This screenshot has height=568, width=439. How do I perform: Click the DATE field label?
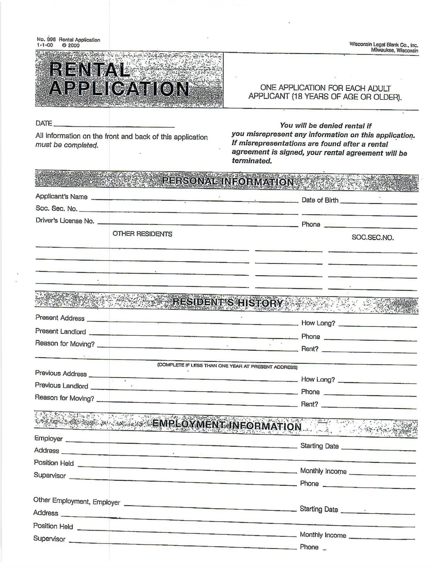pyautogui.click(x=44, y=123)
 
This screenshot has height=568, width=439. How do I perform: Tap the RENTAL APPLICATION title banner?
pyautogui.click(x=119, y=79)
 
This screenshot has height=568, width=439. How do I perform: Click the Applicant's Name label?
pyautogui.click(x=61, y=197)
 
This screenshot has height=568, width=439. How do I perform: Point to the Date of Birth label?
pyautogui.click(x=320, y=200)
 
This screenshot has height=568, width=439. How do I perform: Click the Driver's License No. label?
pyautogui.click(x=65, y=221)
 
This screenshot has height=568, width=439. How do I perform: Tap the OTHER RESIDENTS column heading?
pyautogui.click(x=142, y=234)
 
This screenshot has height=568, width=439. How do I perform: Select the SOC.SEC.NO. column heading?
pyautogui.click(x=373, y=238)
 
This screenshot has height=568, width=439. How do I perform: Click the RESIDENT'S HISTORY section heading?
pyautogui.click(x=228, y=303)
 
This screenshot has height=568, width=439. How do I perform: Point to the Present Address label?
pyautogui.click(x=60, y=318)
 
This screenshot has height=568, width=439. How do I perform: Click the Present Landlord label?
pyautogui.click(x=61, y=331)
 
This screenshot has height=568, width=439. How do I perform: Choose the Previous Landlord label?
pyautogui.click(x=61, y=386)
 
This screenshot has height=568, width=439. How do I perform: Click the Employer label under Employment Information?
pyautogui.click(x=48, y=438)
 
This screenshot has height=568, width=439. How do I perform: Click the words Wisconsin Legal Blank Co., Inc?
pyautogui.click(x=384, y=45)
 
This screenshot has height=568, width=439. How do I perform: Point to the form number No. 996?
pyautogui.click(x=46, y=40)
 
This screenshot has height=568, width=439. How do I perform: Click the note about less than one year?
pyautogui.click(x=227, y=366)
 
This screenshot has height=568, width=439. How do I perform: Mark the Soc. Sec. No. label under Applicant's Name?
pyautogui.click(x=56, y=209)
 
